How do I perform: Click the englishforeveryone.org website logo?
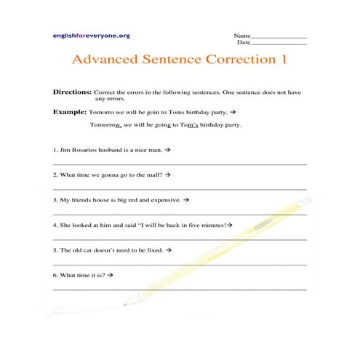pos(91,35)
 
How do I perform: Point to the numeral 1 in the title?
pos(283,60)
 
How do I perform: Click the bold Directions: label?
pos(73,93)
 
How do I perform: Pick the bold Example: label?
pos(70,113)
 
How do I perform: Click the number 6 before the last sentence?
pos(55,276)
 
